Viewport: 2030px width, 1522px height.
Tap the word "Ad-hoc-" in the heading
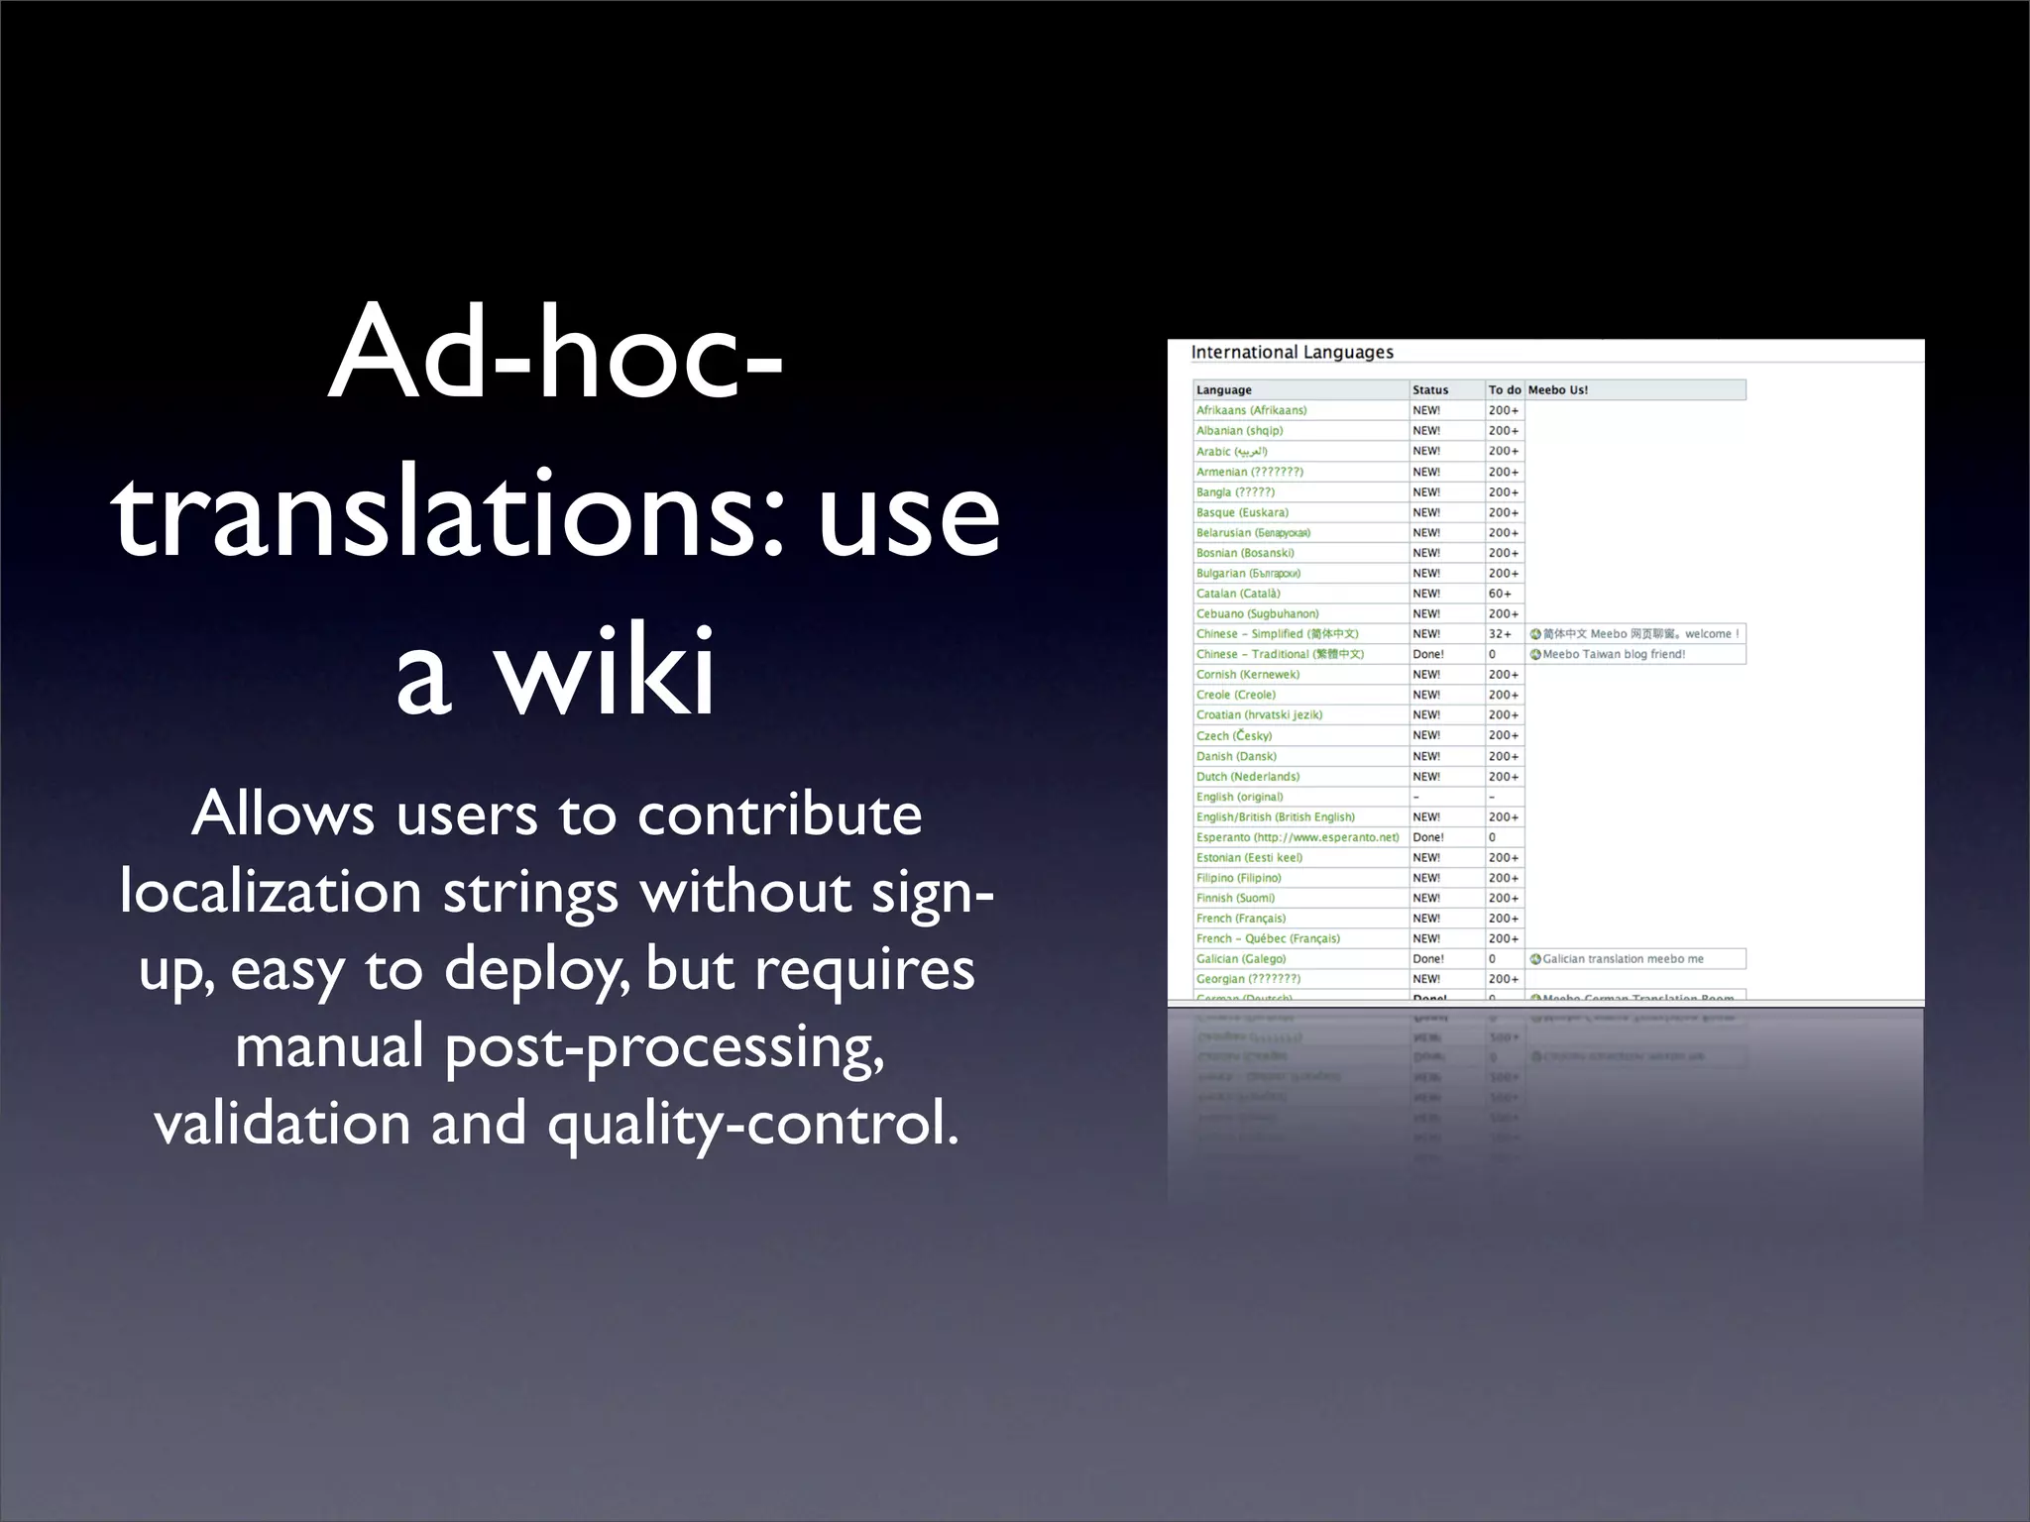click(x=555, y=355)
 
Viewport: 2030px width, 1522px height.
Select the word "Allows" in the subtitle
click(x=283, y=815)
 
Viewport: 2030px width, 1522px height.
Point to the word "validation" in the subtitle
click(x=282, y=1124)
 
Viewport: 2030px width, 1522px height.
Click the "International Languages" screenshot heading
click(x=1292, y=353)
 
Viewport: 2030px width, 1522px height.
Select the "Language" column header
click(x=1223, y=390)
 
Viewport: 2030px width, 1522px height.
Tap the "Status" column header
click(x=1430, y=390)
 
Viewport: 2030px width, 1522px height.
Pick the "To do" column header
click(x=1504, y=390)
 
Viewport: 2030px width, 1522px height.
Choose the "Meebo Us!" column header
click(x=1557, y=390)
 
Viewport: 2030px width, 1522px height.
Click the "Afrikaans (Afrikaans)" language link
click(x=1251, y=410)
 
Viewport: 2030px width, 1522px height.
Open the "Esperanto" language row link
click(x=1297, y=837)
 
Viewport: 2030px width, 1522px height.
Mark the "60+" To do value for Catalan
click(x=1500, y=594)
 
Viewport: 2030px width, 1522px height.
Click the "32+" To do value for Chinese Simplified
click(x=1500, y=634)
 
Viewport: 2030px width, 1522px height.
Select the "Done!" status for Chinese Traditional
click(x=1428, y=655)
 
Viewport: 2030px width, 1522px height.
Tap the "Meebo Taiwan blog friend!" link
click(x=1613, y=655)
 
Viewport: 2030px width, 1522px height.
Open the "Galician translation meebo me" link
click(x=1623, y=959)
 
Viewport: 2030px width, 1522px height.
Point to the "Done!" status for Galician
click(x=1428, y=959)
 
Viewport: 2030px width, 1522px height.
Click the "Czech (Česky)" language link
click(x=1233, y=736)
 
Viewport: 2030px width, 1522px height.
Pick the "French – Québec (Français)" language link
click(x=1268, y=938)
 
